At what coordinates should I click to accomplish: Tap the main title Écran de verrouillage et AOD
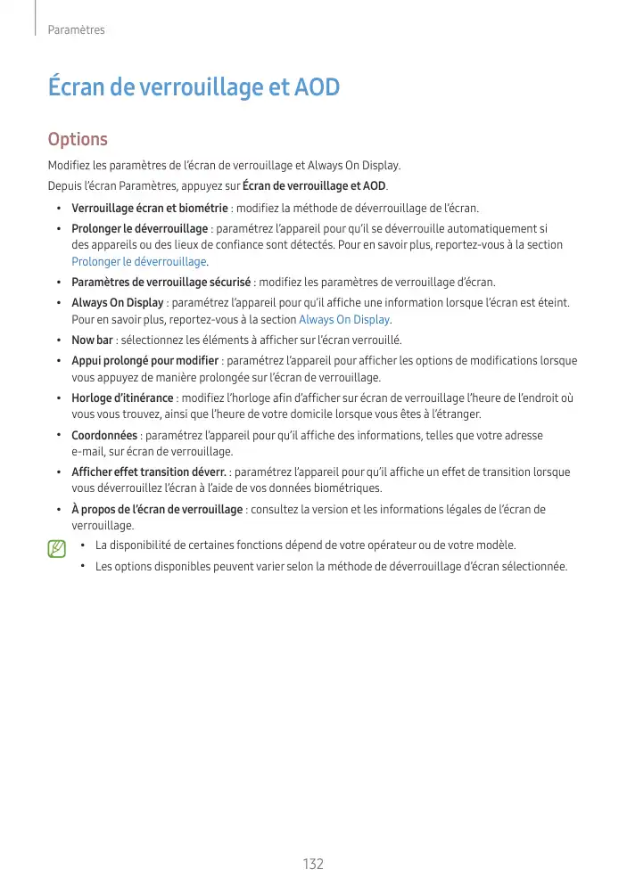pyautogui.click(x=194, y=88)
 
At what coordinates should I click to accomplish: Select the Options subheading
pyautogui.click(x=78, y=140)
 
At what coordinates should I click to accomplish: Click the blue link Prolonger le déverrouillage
pyautogui.click(x=138, y=262)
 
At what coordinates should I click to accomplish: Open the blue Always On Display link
pyautogui.click(x=344, y=320)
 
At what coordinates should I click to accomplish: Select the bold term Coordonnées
pyautogui.click(x=104, y=436)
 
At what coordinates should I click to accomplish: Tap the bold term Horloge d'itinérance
pyautogui.click(x=123, y=398)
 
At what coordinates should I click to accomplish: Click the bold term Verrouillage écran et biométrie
pyautogui.click(x=149, y=209)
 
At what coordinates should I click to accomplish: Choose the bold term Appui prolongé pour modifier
pyautogui.click(x=144, y=360)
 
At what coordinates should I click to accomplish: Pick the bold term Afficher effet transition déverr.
pyautogui.click(x=149, y=472)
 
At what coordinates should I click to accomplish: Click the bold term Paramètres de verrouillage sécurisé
pyautogui.click(x=161, y=282)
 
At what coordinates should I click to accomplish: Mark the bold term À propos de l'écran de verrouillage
pyautogui.click(x=157, y=510)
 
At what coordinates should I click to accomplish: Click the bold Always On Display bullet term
pyautogui.click(x=117, y=303)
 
